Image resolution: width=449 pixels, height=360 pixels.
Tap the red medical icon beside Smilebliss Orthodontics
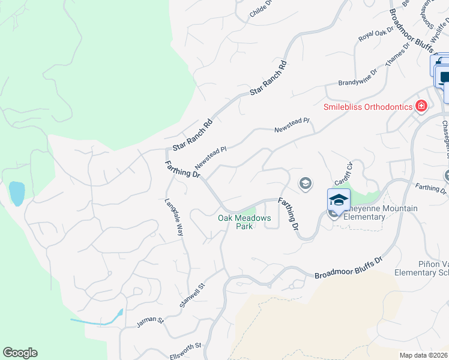pos(421,106)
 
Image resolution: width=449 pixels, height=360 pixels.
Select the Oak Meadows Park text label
pos(244,222)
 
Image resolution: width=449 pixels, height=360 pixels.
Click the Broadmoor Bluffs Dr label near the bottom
pos(348,268)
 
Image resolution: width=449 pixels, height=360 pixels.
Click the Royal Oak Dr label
pos(375,35)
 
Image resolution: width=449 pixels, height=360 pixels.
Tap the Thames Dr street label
pos(397,55)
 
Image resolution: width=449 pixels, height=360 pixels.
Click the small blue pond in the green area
pos(17,193)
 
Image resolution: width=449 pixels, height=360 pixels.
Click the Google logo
pos(20,353)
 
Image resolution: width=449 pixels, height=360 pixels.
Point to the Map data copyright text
pos(424,355)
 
